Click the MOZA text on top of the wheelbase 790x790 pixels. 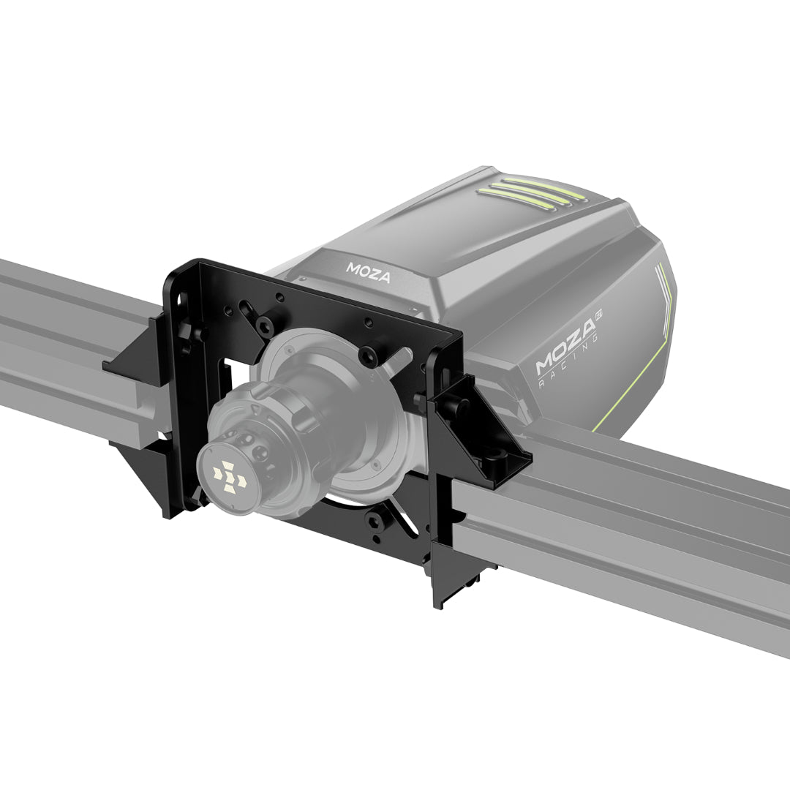369,274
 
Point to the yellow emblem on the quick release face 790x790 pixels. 228,476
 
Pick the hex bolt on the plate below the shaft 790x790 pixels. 375,521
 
